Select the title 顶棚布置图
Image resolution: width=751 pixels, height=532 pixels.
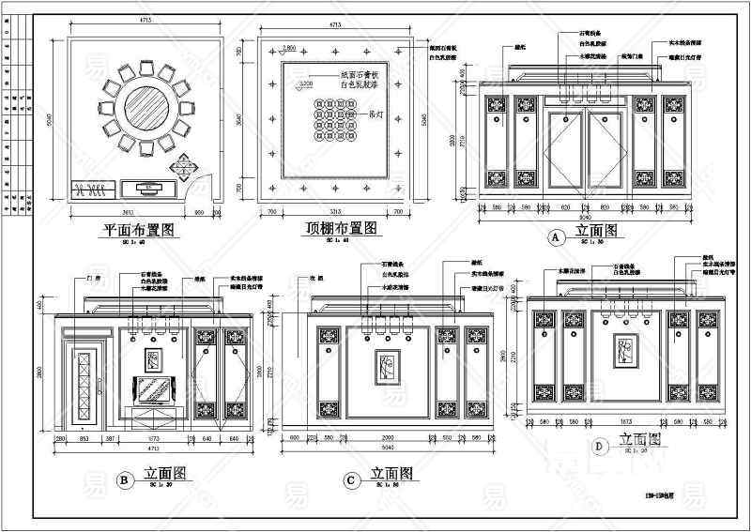pyautogui.click(x=342, y=228)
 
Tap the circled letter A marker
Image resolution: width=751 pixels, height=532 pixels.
pyautogui.click(x=555, y=237)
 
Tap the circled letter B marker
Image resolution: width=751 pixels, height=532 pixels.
pyautogui.click(x=124, y=479)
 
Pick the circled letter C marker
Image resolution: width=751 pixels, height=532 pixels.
pyautogui.click(x=350, y=481)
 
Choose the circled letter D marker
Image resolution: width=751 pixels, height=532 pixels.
pyautogui.click(x=600, y=446)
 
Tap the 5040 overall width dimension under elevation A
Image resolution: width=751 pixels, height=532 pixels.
pyautogui.click(x=586, y=213)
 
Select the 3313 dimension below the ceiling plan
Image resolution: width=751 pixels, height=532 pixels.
pyautogui.click(x=333, y=212)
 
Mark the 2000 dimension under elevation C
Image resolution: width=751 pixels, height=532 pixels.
pyautogui.click(x=388, y=439)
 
